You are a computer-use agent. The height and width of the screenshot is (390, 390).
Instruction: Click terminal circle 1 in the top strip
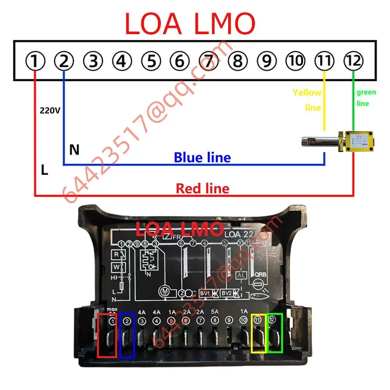pyautogui.click(x=35, y=61)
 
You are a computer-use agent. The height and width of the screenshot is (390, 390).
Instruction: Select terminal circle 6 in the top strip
pyautogui.click(x=180, y=61)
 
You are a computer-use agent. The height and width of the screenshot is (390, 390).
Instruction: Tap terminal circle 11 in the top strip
pyautogui.click(x=324, y=61)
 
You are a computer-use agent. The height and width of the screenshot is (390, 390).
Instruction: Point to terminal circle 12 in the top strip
pyautogui.click(x=353, y=61)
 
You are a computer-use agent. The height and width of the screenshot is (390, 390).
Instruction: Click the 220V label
pyautogui.click(x=50, y=111)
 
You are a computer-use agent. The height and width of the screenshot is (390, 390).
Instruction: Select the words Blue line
pyautogui.click(x=202, y=157)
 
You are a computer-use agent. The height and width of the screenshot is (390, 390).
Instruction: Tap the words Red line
pyautogui.click(x=202, y=188)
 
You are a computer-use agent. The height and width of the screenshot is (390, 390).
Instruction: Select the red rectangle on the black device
pyautogui.click(x=107, y=336)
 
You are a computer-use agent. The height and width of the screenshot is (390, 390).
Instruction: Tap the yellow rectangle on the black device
pyautogui.click(x=258, y=333)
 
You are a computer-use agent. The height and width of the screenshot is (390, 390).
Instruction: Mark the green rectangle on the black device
pyautogui.click(x=274, y=333)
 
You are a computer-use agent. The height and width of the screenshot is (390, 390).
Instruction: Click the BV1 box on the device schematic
pyautogui.click(x=205, y=293)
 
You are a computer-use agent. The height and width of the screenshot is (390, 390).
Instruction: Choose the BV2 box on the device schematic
pyautogui.click(x=226, y=293)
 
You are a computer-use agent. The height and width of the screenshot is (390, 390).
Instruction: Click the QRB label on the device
pyautogui.click(x=261, y=274)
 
